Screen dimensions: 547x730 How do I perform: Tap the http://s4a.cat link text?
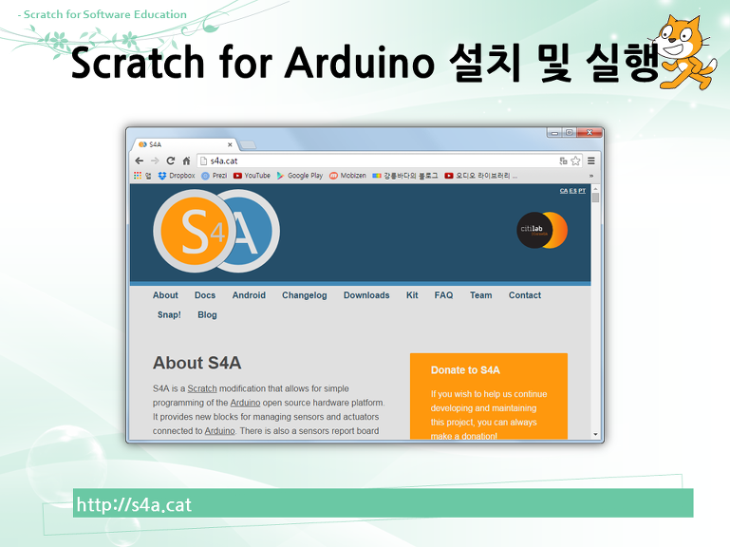134,504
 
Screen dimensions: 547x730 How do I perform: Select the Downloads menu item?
366,295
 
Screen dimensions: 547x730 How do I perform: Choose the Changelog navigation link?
304,295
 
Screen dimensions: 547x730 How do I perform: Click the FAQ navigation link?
443,295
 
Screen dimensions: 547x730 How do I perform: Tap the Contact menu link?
524,295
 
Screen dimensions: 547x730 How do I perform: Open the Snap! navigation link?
169,314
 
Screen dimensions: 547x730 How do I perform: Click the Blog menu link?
207,314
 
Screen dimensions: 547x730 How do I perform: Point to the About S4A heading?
197,363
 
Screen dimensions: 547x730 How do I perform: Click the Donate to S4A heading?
465,370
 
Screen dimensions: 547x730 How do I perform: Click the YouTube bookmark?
252,176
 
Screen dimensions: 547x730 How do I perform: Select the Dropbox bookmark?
177,176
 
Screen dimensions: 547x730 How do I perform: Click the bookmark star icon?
575,160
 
